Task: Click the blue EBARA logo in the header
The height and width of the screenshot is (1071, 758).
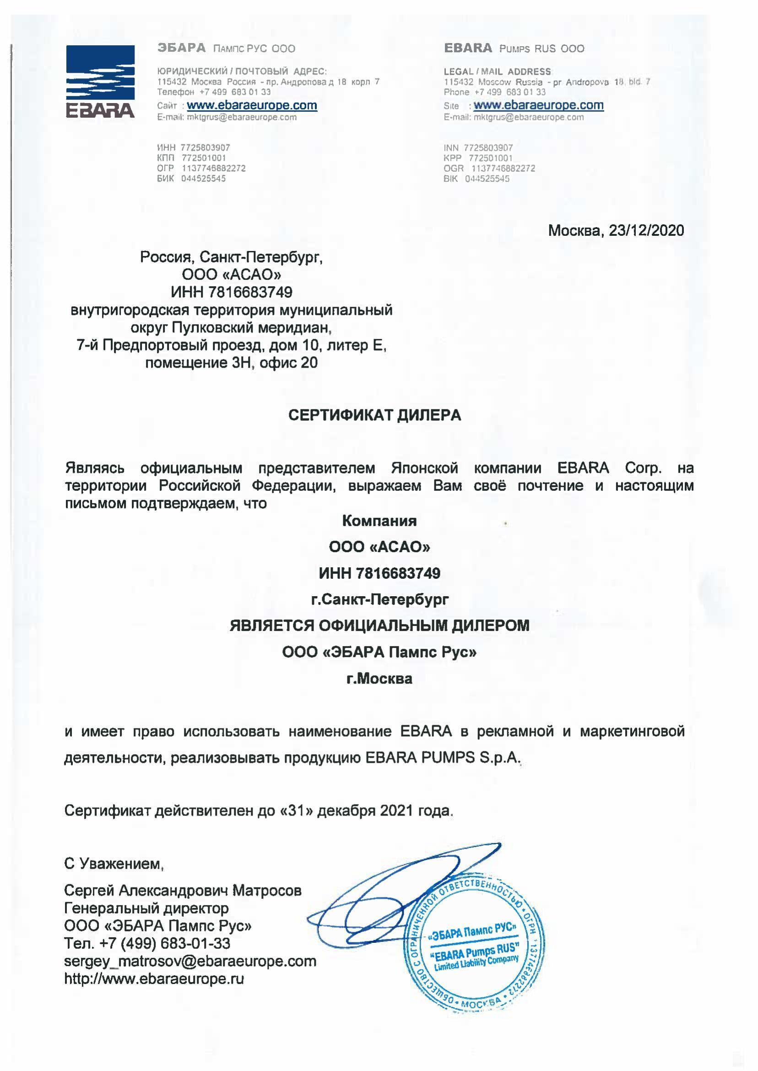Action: [x=100, y=81]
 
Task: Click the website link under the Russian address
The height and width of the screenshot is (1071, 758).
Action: [x=252, y=105]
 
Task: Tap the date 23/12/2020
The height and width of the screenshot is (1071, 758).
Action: [x=646, y=231]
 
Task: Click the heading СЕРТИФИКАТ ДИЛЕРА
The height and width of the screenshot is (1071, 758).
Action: [x=374, y=415]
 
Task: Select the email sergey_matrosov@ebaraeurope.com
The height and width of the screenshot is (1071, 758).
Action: [x=190, y=961]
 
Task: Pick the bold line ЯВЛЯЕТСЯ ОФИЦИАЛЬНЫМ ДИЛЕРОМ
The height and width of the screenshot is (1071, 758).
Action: [x=379, y=625]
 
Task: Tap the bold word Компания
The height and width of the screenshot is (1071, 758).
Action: [x=379, y=521]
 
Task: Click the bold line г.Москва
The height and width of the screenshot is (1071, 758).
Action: [x=379, y=679]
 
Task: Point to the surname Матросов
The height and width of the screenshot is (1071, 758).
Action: [x=267, y=891]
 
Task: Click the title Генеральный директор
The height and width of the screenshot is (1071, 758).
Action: [x=146, y=908]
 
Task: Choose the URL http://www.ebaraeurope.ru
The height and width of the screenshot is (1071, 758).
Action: [x=154, y=979]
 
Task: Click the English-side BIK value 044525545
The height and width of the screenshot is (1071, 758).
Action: [x=487, y=179]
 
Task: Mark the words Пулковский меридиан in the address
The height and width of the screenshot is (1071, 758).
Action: [x=251, y=328]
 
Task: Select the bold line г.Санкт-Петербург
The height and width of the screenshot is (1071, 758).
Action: [x=379, y=599]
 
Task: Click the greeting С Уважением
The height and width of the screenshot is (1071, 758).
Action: [x=114, y=864]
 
